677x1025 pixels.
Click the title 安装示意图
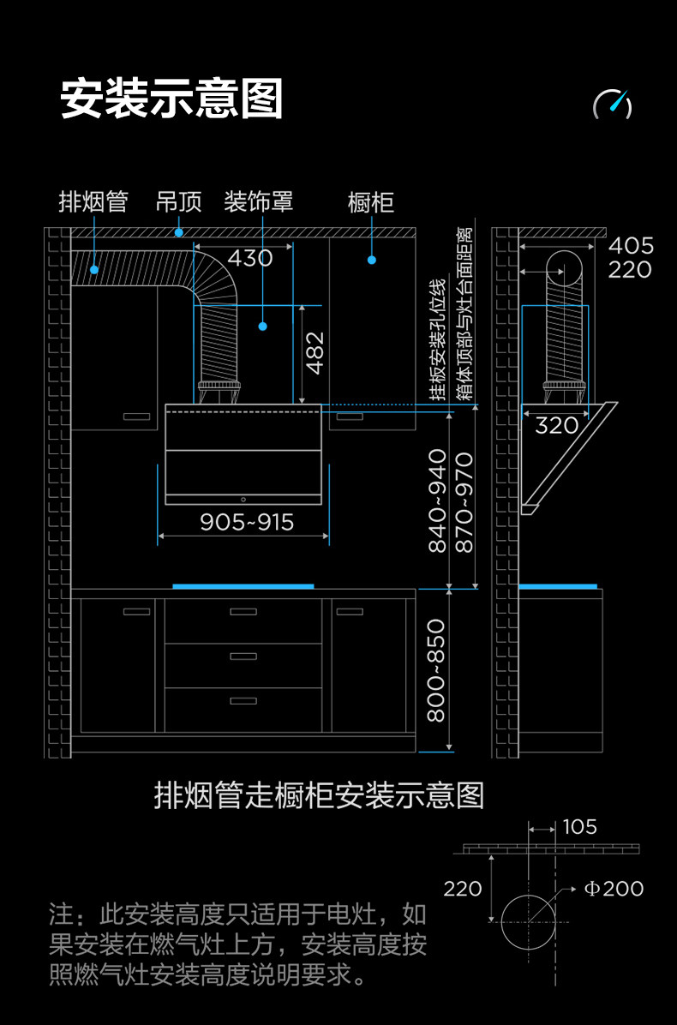click(x=171, y=99)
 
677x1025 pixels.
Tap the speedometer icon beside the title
click(x=613, y=104)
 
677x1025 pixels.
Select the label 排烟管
click(x=93, y=202)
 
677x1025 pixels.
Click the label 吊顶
click(x=178, y=202)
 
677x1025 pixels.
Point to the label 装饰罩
click(x=258, y=202)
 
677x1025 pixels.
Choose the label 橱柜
click(x=371, y=202)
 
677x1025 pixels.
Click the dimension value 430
click(x=250, y=258)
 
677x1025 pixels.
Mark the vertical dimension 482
click(x=315, y=352)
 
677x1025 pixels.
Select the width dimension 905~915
click(x=247, y=522)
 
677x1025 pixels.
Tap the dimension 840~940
click(x=438, y=501)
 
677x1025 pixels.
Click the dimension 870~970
click(x=464, y=501)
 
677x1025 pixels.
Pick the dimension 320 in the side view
click(x=556, y=425)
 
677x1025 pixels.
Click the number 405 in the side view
click(x=631, y=246)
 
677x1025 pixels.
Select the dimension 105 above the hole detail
click(x=580, y=827)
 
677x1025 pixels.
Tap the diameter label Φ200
click(x=614, y=889)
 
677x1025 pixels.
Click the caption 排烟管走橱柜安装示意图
click(x=319, y=795)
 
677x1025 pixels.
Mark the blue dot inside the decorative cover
click(x=263, y=327)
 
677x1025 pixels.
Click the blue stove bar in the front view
click(x=243, y=586)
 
